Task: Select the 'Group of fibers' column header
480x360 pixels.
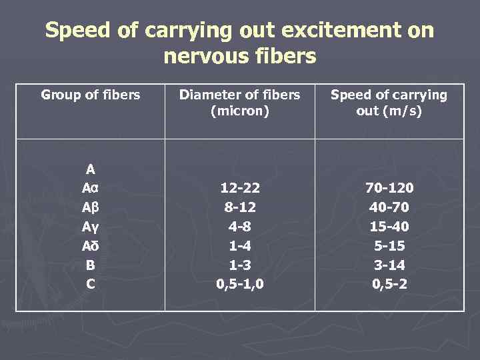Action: [91, 95]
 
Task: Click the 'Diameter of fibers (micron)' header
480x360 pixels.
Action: [240, 103]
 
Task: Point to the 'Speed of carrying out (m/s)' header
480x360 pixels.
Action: [389, 103]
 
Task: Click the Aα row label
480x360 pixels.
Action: [91, 189]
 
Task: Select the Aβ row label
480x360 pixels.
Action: [91, 208]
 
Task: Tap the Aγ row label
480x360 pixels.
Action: [91, 227]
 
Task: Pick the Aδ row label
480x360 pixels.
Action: [91, 246]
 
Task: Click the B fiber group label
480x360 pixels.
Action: [91, 265]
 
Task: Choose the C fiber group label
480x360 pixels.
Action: [91, 284]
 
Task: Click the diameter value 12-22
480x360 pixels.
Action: [240, 189]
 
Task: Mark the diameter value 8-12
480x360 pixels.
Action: [240, 208]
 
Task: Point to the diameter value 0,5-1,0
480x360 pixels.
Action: [240, 284]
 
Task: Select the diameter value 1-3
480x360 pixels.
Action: [240, 265]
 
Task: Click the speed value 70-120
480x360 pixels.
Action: [389, 189]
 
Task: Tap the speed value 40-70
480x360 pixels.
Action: [389, 208]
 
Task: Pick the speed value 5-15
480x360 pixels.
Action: [389, 246]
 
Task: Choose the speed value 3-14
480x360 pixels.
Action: [389, 265]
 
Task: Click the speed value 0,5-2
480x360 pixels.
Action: [389, 284]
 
